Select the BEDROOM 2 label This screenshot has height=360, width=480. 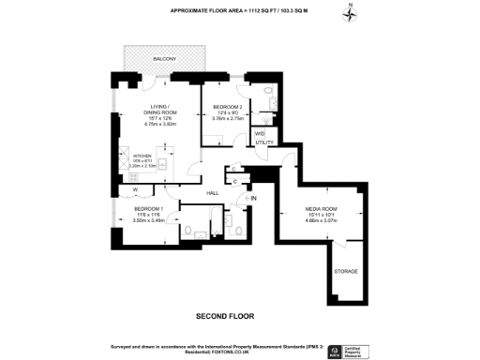pyautogui.click(x=228, y=108)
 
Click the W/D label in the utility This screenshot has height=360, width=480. pyautogui.click(x=261, y=133)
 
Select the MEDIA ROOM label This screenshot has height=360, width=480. pyautogui.click(x=321, y=210)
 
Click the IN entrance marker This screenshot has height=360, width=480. pyautogui.click(x=252, y=199)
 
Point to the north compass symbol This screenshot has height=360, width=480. pyautogui.click(x=349, y=13)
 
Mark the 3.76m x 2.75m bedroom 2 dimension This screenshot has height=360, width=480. pyautogui.click(x=228, y=119)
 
